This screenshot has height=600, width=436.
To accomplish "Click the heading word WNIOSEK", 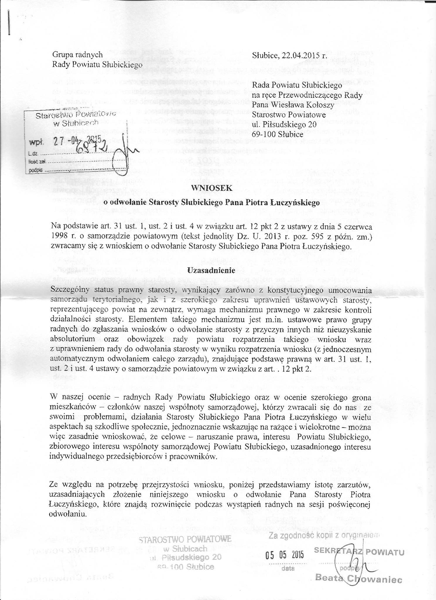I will coord(211,189).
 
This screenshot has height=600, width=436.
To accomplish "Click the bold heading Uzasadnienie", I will coord(211,270).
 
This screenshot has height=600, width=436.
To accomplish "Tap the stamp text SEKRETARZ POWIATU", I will coord(359,552).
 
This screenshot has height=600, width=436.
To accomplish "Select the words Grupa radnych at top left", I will coord(77,54).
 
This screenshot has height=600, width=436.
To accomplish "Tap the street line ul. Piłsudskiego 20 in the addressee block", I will coord(284,125).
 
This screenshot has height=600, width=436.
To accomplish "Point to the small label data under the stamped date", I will coord(286,568).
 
